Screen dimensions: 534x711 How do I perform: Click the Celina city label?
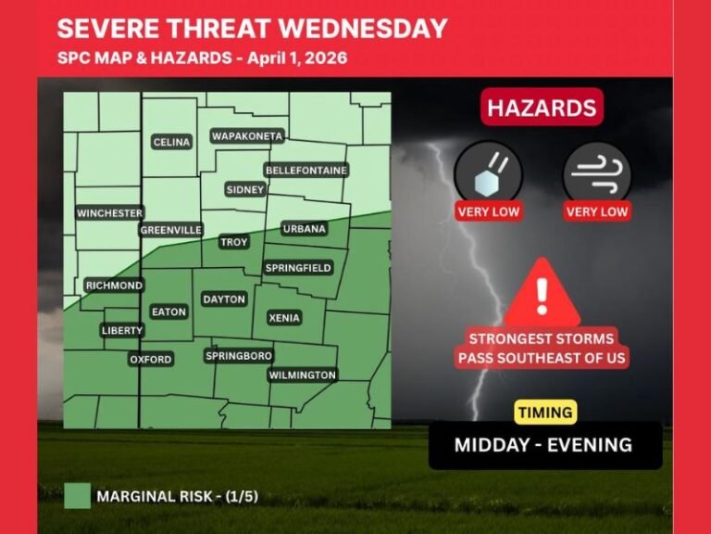click(171, 142)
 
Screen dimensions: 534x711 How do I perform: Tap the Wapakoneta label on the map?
click(246, 136)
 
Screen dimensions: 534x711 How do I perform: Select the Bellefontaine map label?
click(306, 171)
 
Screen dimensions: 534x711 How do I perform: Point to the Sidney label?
click(245, 189)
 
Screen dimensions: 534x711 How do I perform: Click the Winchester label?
click(109, 213)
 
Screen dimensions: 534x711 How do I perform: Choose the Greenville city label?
click(171, 230)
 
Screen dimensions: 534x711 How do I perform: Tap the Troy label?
click(233, 242)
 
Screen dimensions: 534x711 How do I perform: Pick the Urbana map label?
click(304, 229)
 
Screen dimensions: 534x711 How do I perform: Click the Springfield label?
click(298, 268)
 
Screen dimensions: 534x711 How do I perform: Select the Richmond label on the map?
click(114, 286)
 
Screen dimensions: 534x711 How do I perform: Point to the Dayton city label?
click(224, 299)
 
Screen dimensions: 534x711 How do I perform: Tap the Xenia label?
click(284, 318)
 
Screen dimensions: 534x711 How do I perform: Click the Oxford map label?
click(151, 359)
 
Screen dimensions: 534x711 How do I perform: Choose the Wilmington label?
click(302, 375)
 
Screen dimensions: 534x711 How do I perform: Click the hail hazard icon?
click(488, 172)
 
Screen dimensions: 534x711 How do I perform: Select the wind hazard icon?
click(596, 172)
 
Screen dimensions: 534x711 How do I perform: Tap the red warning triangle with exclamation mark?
click(542, 290)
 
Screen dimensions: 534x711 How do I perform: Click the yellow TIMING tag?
click(545, 413)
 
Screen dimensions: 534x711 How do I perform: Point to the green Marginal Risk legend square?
click(78, 496)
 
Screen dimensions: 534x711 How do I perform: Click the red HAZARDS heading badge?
click(542, 108)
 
